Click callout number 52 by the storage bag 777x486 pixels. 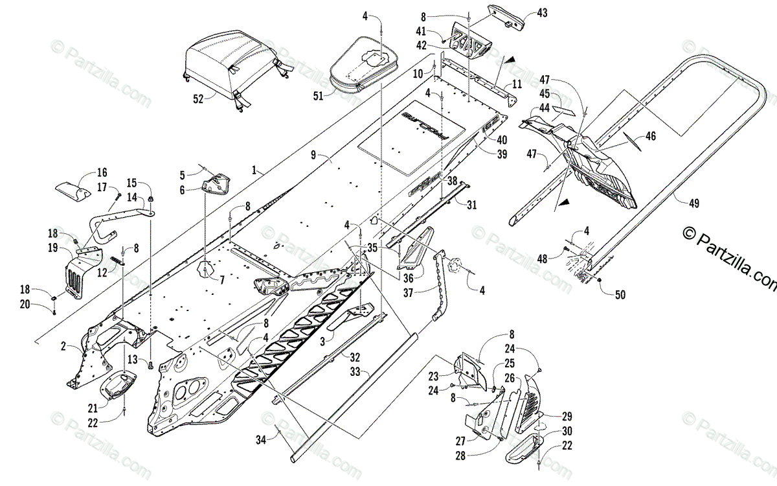(197, 98)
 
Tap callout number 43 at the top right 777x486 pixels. (542, 14)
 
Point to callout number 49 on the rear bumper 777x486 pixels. (693, 203)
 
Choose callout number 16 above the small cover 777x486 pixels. (102, 172)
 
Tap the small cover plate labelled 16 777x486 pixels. (73, 191)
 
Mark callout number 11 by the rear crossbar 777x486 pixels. (516, 84)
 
